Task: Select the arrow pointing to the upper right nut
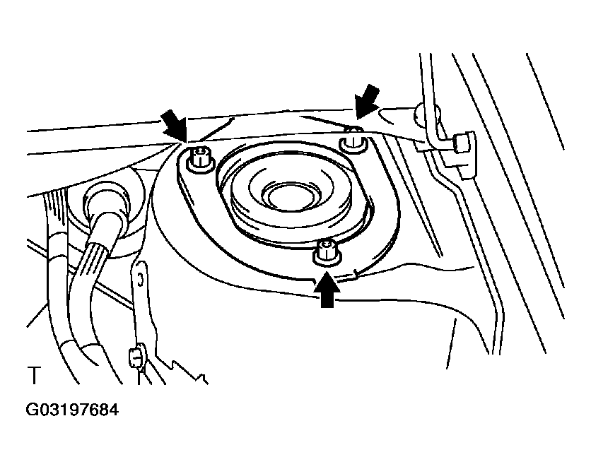click(x=367, y=101)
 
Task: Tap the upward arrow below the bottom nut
click(x=327, y=290)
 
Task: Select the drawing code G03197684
click(x=72, y=410)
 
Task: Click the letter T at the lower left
click(x=34, y=375)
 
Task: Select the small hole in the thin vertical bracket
click(x=140, y=280)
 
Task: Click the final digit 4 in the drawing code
click(x=113, y=410)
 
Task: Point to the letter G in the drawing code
click(x=33, y=410)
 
